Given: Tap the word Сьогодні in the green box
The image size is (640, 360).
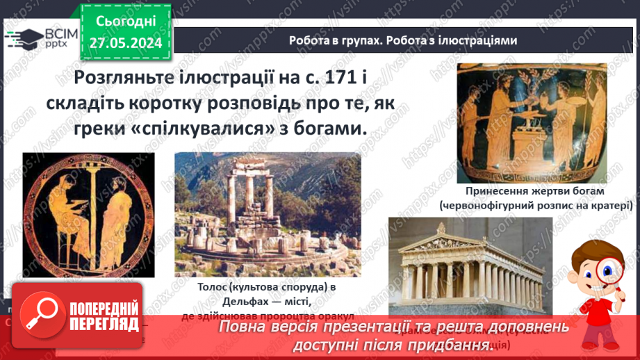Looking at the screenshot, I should pyautogui.click(x=126, y=23).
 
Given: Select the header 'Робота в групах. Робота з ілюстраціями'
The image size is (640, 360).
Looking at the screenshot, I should pyautogui.click(x=403, y=40).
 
